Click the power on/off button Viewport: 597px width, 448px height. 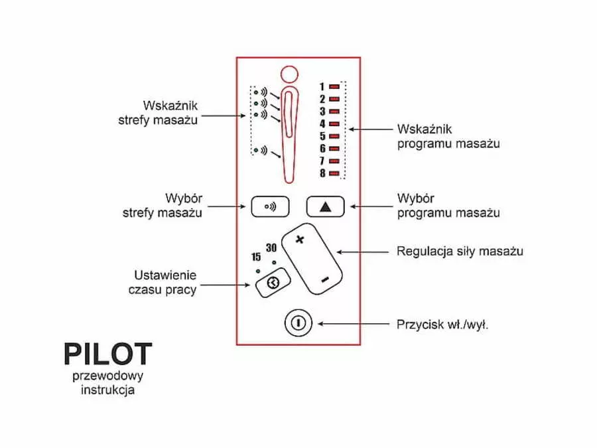298,324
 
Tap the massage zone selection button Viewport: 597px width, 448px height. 270,206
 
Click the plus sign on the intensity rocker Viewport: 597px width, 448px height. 299,240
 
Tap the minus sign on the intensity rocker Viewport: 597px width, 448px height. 324,281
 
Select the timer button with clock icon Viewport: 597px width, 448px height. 272,283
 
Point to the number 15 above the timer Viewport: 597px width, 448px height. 256,258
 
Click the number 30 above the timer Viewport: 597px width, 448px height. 271,248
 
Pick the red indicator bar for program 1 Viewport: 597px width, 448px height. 334,86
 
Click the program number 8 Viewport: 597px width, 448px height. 322,174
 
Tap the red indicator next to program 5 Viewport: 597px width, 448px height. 334,136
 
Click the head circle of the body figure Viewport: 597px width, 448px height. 290,74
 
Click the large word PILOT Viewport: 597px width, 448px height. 107,354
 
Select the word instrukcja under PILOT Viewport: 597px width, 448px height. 107,390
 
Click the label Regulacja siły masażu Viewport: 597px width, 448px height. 460,252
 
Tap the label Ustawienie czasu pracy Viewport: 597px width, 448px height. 165,282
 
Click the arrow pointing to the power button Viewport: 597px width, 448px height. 352,324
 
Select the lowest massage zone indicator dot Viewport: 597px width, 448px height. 256,149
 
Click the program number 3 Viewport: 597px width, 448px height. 322,112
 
